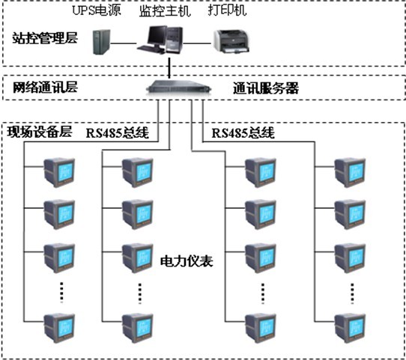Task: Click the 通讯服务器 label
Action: tap(266, 88)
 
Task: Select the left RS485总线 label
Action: tap(118, 133)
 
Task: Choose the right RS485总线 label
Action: tap(243, 133)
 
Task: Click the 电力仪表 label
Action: tap(187, 262)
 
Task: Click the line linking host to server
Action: tap(172, 67)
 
